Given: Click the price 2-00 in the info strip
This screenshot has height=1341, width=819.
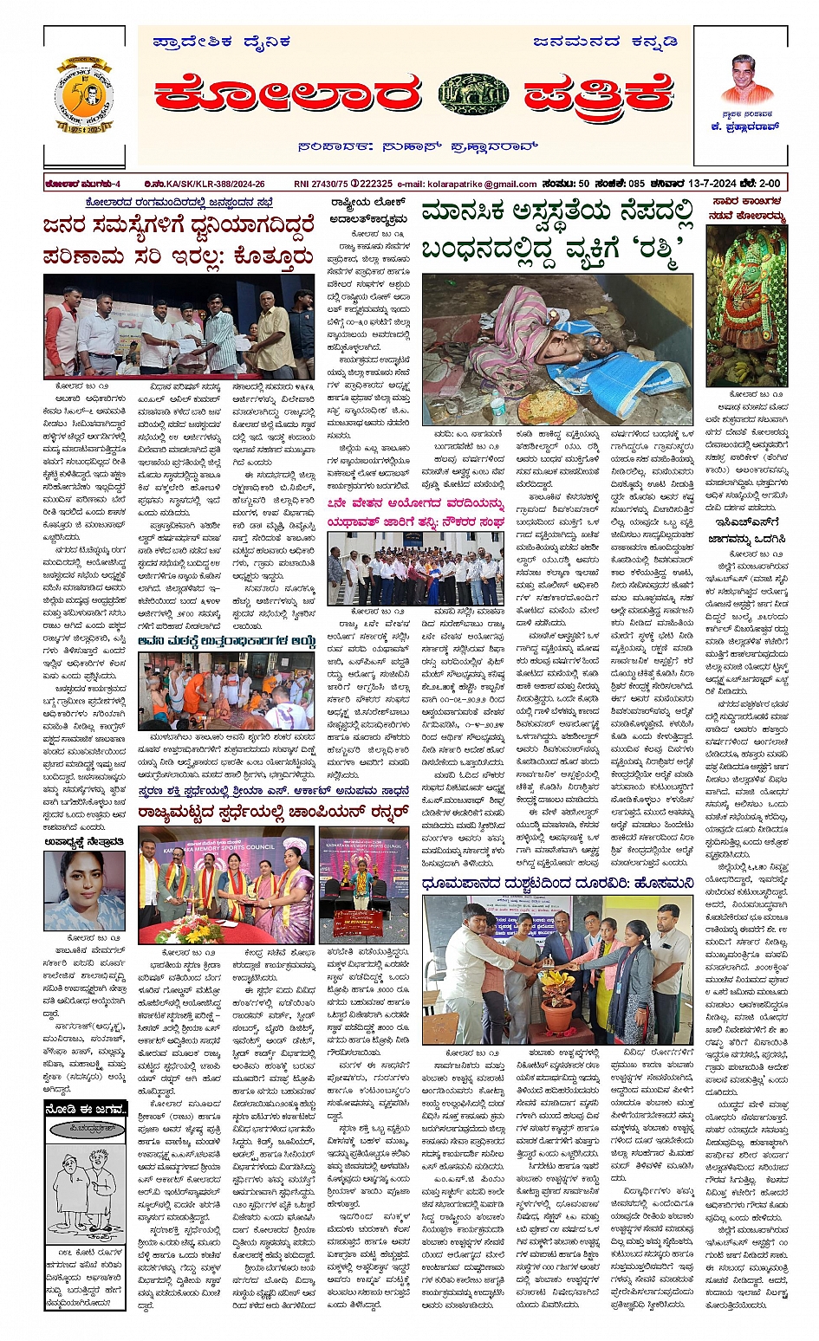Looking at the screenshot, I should click(x=769, y=184).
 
